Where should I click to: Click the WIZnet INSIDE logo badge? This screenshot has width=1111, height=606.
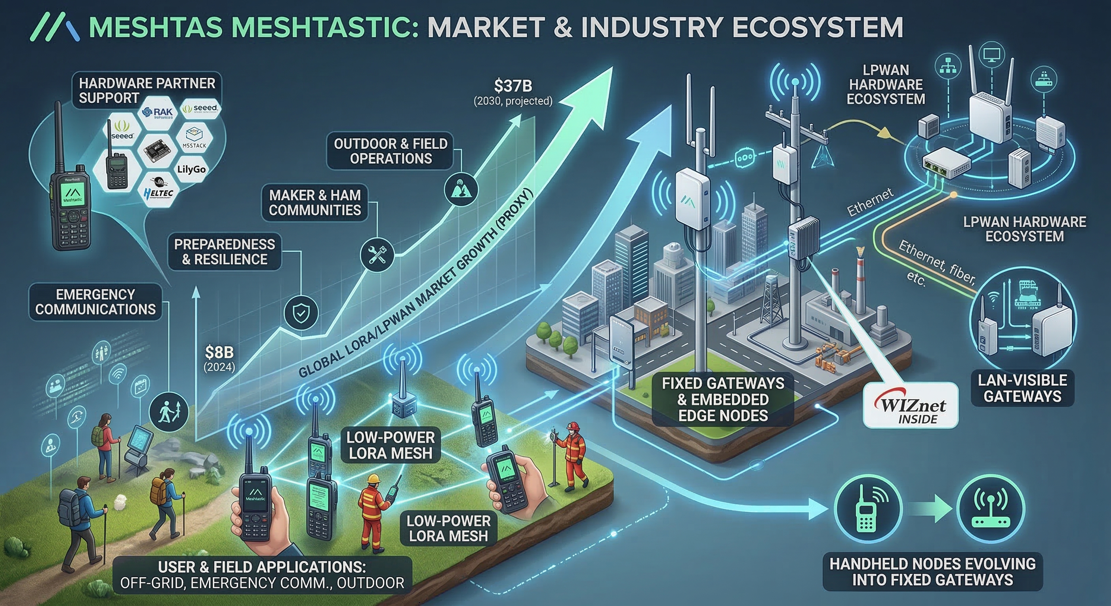click(x=911, y=406)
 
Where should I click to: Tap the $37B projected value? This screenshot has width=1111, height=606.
click(x=513, y=87)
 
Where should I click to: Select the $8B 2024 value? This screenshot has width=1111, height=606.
click(x=219, y=353)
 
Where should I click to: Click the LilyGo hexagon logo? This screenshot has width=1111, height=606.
click(x=191, y=169)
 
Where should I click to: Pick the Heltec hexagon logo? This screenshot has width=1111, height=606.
click(x=159, y=193)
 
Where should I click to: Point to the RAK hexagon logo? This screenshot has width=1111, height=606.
click(x=158, y=112)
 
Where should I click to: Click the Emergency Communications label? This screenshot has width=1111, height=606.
click(x=95, y=302)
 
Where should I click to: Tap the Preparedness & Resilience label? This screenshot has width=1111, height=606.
click(x=224, y=252)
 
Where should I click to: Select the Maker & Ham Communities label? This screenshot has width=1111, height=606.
click(x=315, y=203)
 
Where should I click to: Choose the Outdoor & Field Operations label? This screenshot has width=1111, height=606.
click(x=390, y=151)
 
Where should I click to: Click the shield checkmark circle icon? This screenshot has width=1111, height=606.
click(x=301, y=312)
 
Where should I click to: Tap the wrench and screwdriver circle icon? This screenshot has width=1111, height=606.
click(x=377, y=254)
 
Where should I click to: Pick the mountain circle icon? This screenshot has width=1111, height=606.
click(x=461, y=189)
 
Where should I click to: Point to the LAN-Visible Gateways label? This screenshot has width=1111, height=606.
click(x=1022, y=388)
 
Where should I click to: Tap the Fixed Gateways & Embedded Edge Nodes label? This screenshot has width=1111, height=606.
click(x=723, y=399)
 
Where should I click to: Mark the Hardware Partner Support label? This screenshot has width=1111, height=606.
click(x=147, y=91)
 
